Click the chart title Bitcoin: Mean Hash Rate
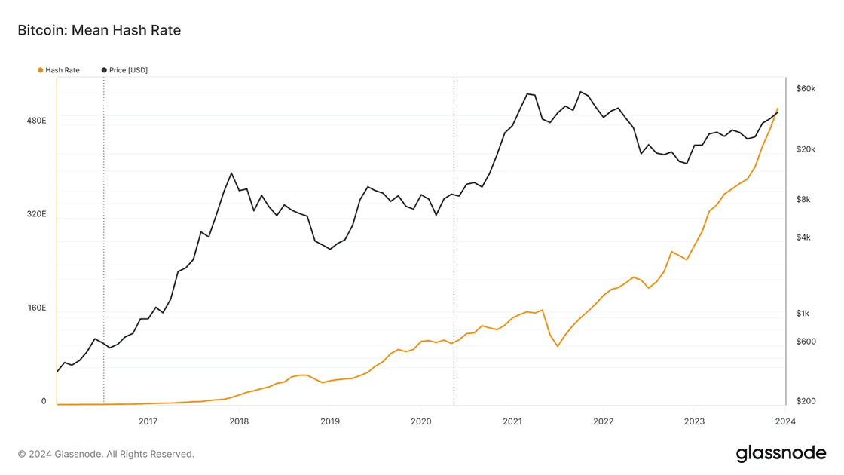coord(99,30)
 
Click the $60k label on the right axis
coord(806,89)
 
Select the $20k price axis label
coord(806,149)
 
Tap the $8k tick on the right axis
coord(803,200)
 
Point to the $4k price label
coord(803,237)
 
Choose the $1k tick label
coord(803,314)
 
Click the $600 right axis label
coord(806,342)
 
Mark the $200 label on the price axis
coord(806,402)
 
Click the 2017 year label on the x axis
coord(148,421)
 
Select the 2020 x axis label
coord(420,421)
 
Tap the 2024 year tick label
coord(785,421)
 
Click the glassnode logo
coord(781,453)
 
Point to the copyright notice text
coord(106,454)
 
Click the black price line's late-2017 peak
coord(231,173)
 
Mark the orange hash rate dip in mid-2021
coord(558,346)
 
